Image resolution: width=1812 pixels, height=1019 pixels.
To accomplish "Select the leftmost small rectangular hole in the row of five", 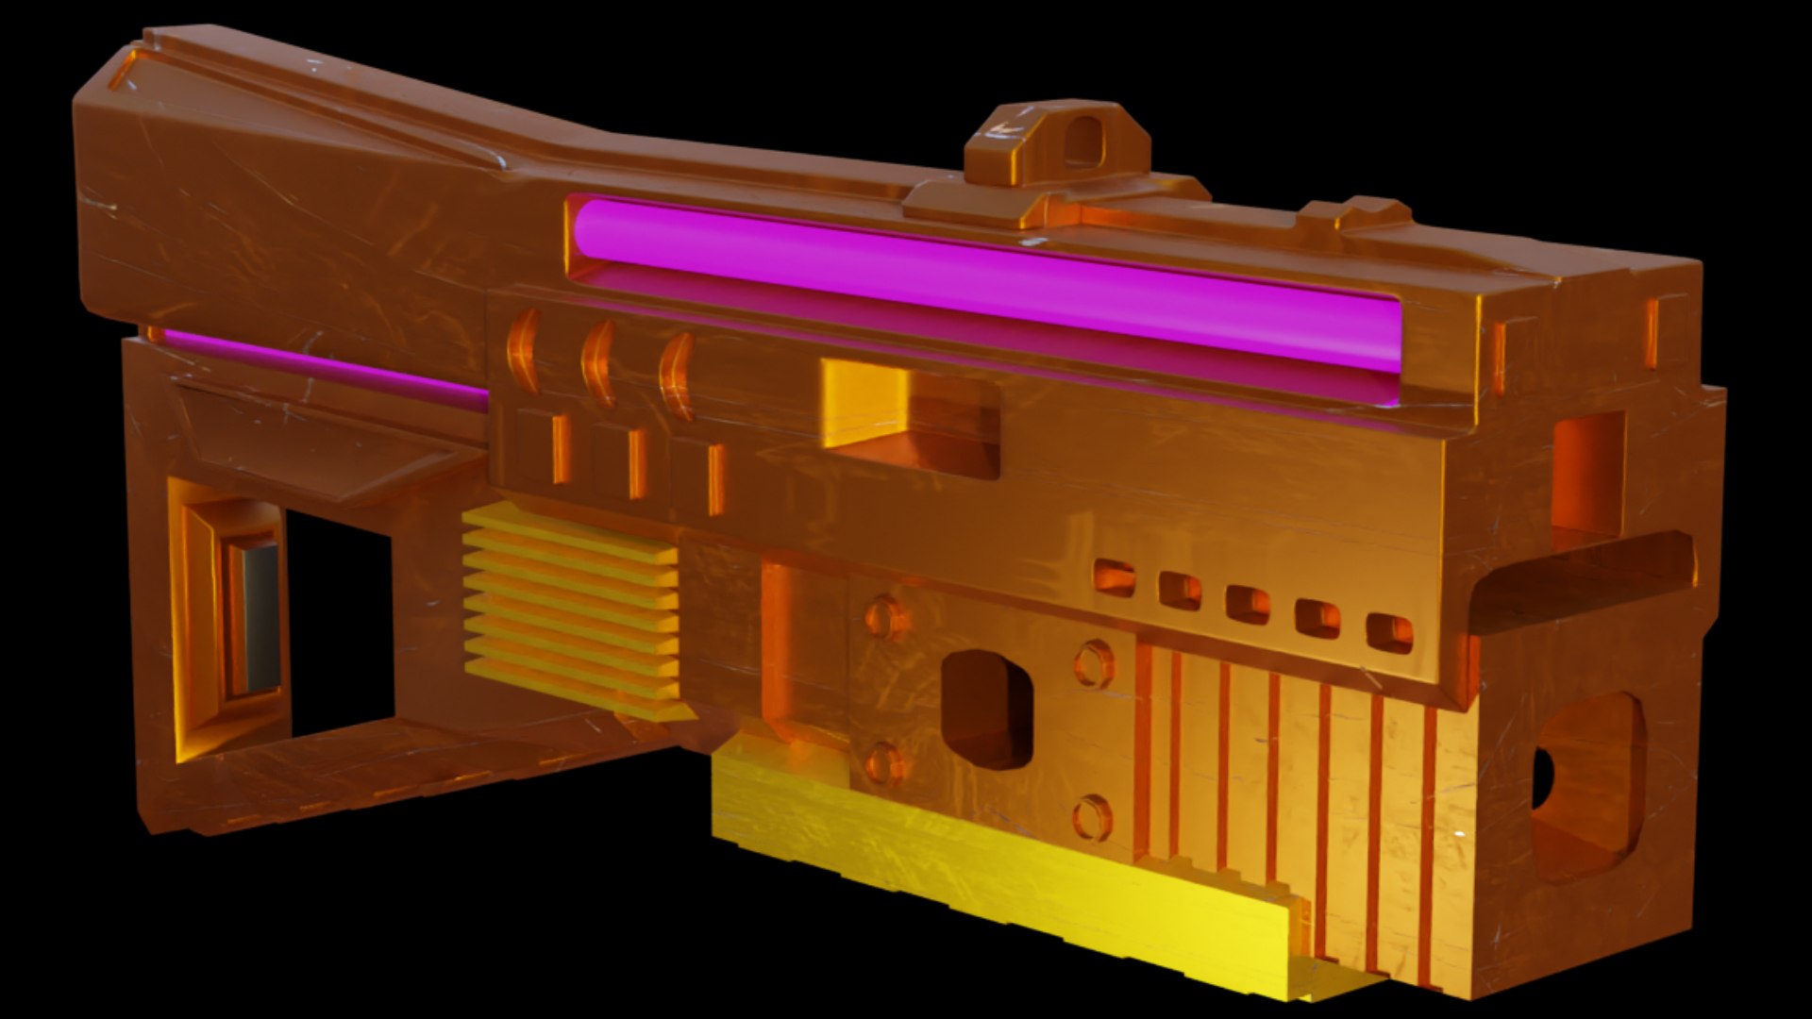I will [1115, 577].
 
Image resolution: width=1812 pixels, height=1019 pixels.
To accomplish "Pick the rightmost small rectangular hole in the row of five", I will [1389, 633].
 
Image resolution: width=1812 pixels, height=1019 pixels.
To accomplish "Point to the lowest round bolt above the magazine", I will [1092, 817].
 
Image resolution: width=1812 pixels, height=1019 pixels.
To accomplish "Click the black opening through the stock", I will [340, 623].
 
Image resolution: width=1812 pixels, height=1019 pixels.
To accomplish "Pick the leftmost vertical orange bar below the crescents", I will [561, 449].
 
